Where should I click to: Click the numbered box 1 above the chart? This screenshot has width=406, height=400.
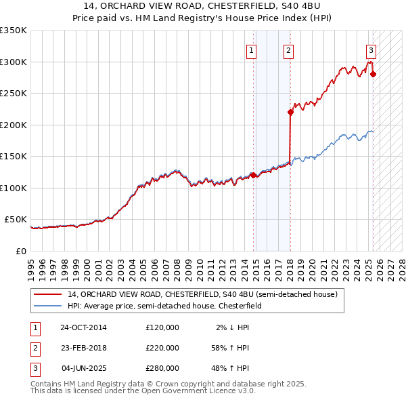251,49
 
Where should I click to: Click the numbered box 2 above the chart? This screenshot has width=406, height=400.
288,49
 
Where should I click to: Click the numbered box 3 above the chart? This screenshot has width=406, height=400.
371,49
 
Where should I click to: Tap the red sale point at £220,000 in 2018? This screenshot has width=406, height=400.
290,113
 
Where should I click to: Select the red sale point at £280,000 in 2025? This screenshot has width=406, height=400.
374,74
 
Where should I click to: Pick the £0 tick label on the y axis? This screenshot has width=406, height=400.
20,251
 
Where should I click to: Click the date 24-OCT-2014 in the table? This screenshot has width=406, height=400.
83,327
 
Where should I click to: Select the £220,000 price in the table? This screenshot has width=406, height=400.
162,348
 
